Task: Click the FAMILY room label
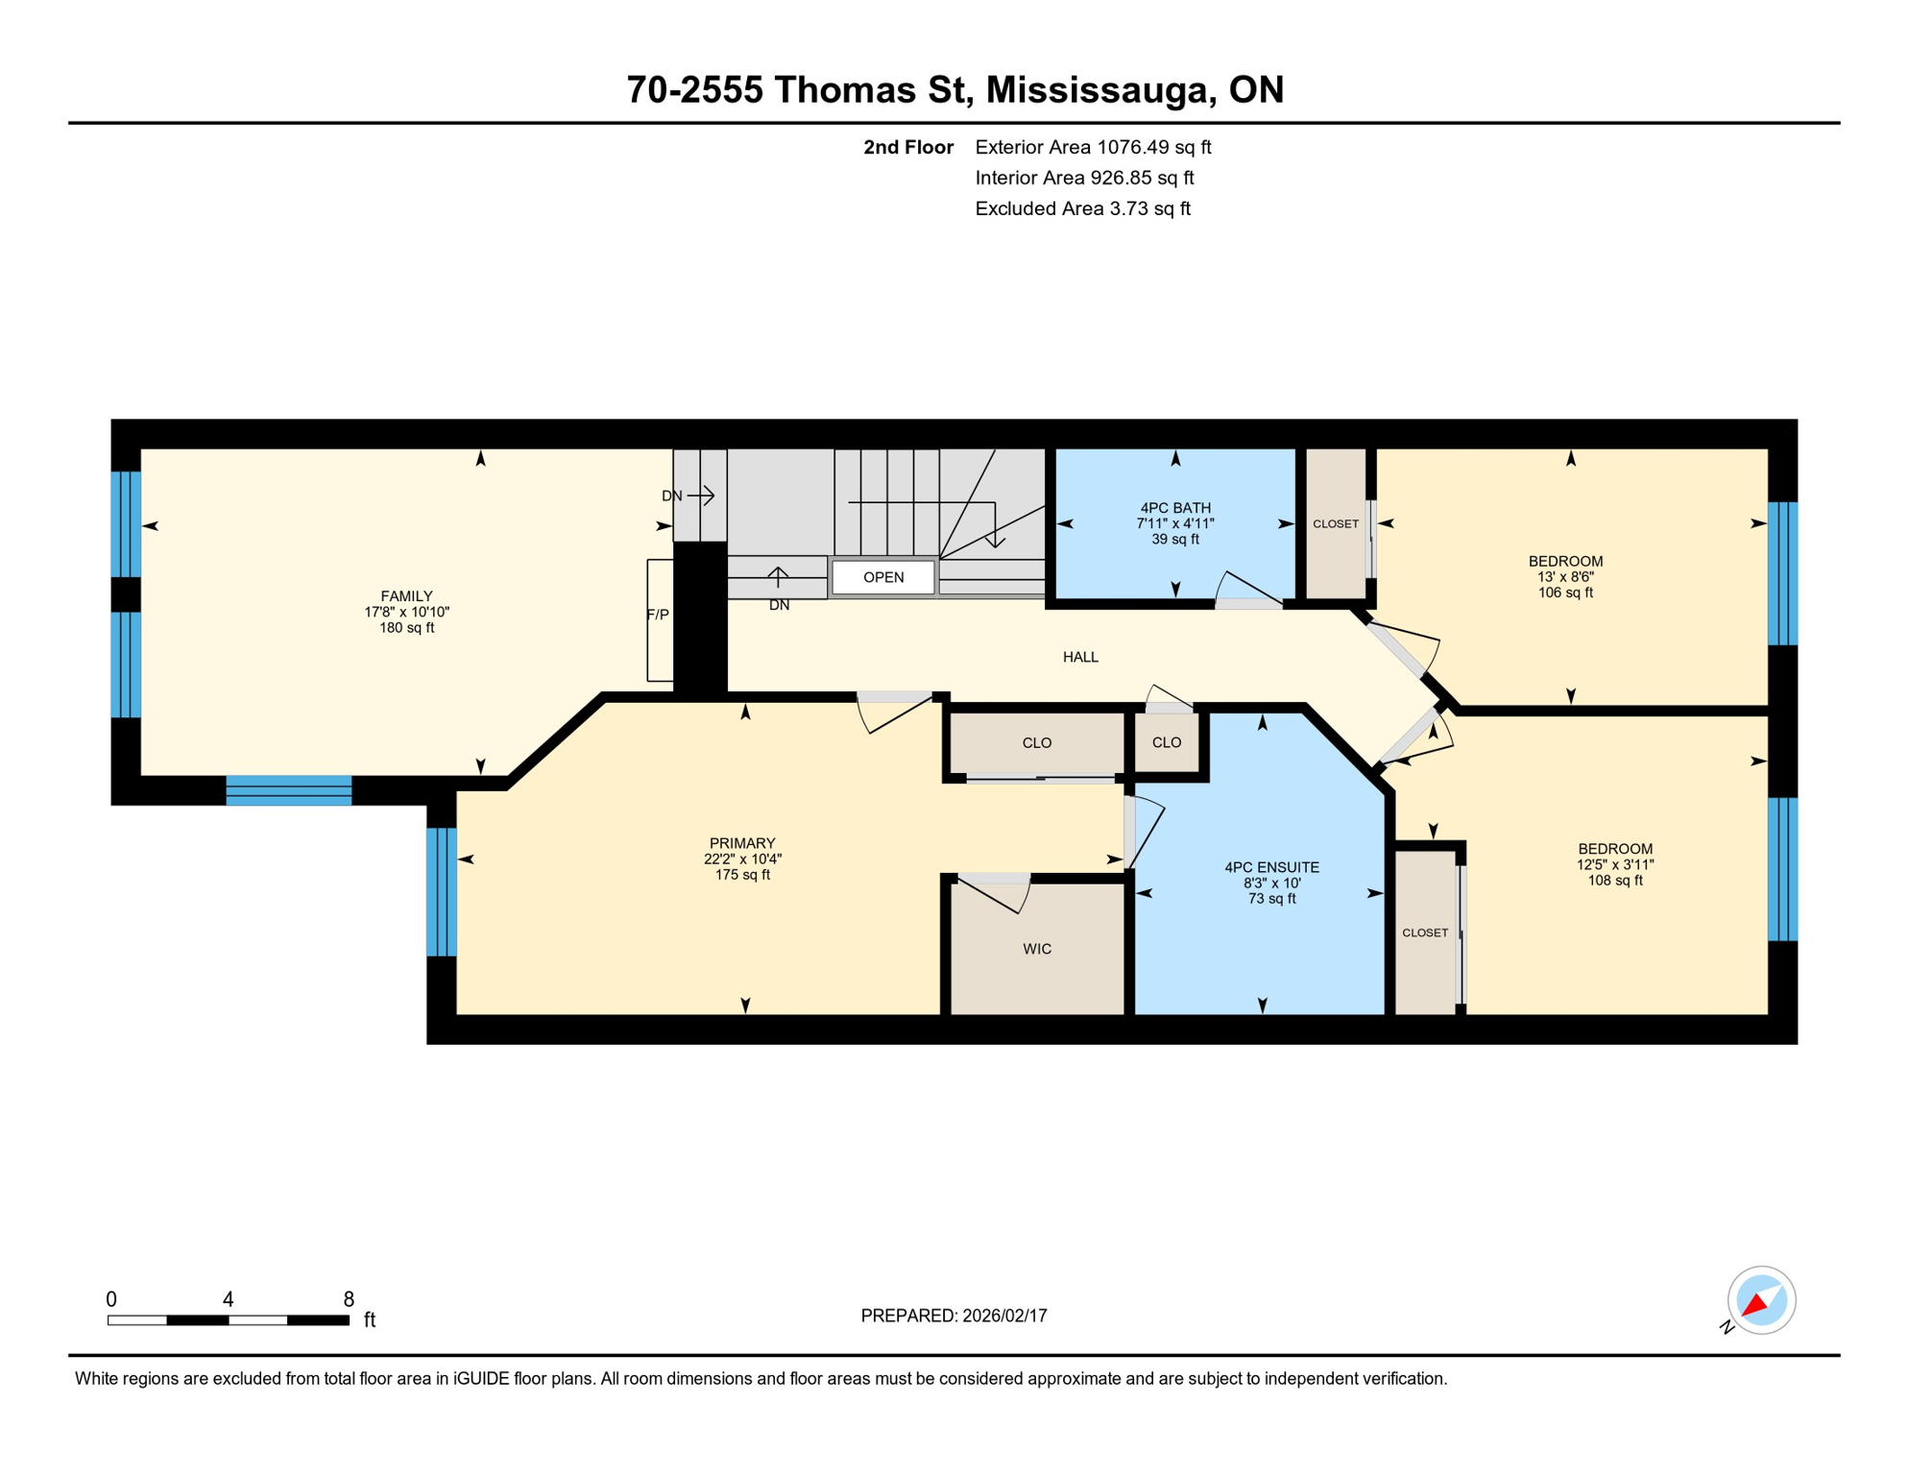(x=406, y=596)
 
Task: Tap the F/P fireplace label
(x=658, y=615)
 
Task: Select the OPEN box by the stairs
(x=882, y=577)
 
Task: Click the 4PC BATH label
(x=1175, y=508)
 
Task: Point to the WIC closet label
(x=1037, y=949)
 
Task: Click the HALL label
(x=1080, y=657)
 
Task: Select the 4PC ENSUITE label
(x=1271, y=867)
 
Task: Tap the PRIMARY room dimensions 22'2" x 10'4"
(x=742, y=859)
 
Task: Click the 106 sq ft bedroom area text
(x=1565, y=592)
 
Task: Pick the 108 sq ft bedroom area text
(x=1614, y=881)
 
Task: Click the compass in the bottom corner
(x=1760, y=1300)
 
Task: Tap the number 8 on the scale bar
(x=349, y=1299)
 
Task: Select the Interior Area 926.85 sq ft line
(x=1084, y=178)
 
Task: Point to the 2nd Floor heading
(x=907, y=147)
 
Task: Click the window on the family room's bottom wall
(x=288, y=789)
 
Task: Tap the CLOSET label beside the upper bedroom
(x=1336, y=524)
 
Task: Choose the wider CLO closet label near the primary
(x=1037, y=742)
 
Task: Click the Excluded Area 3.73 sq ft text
(x=1082, y=208)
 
